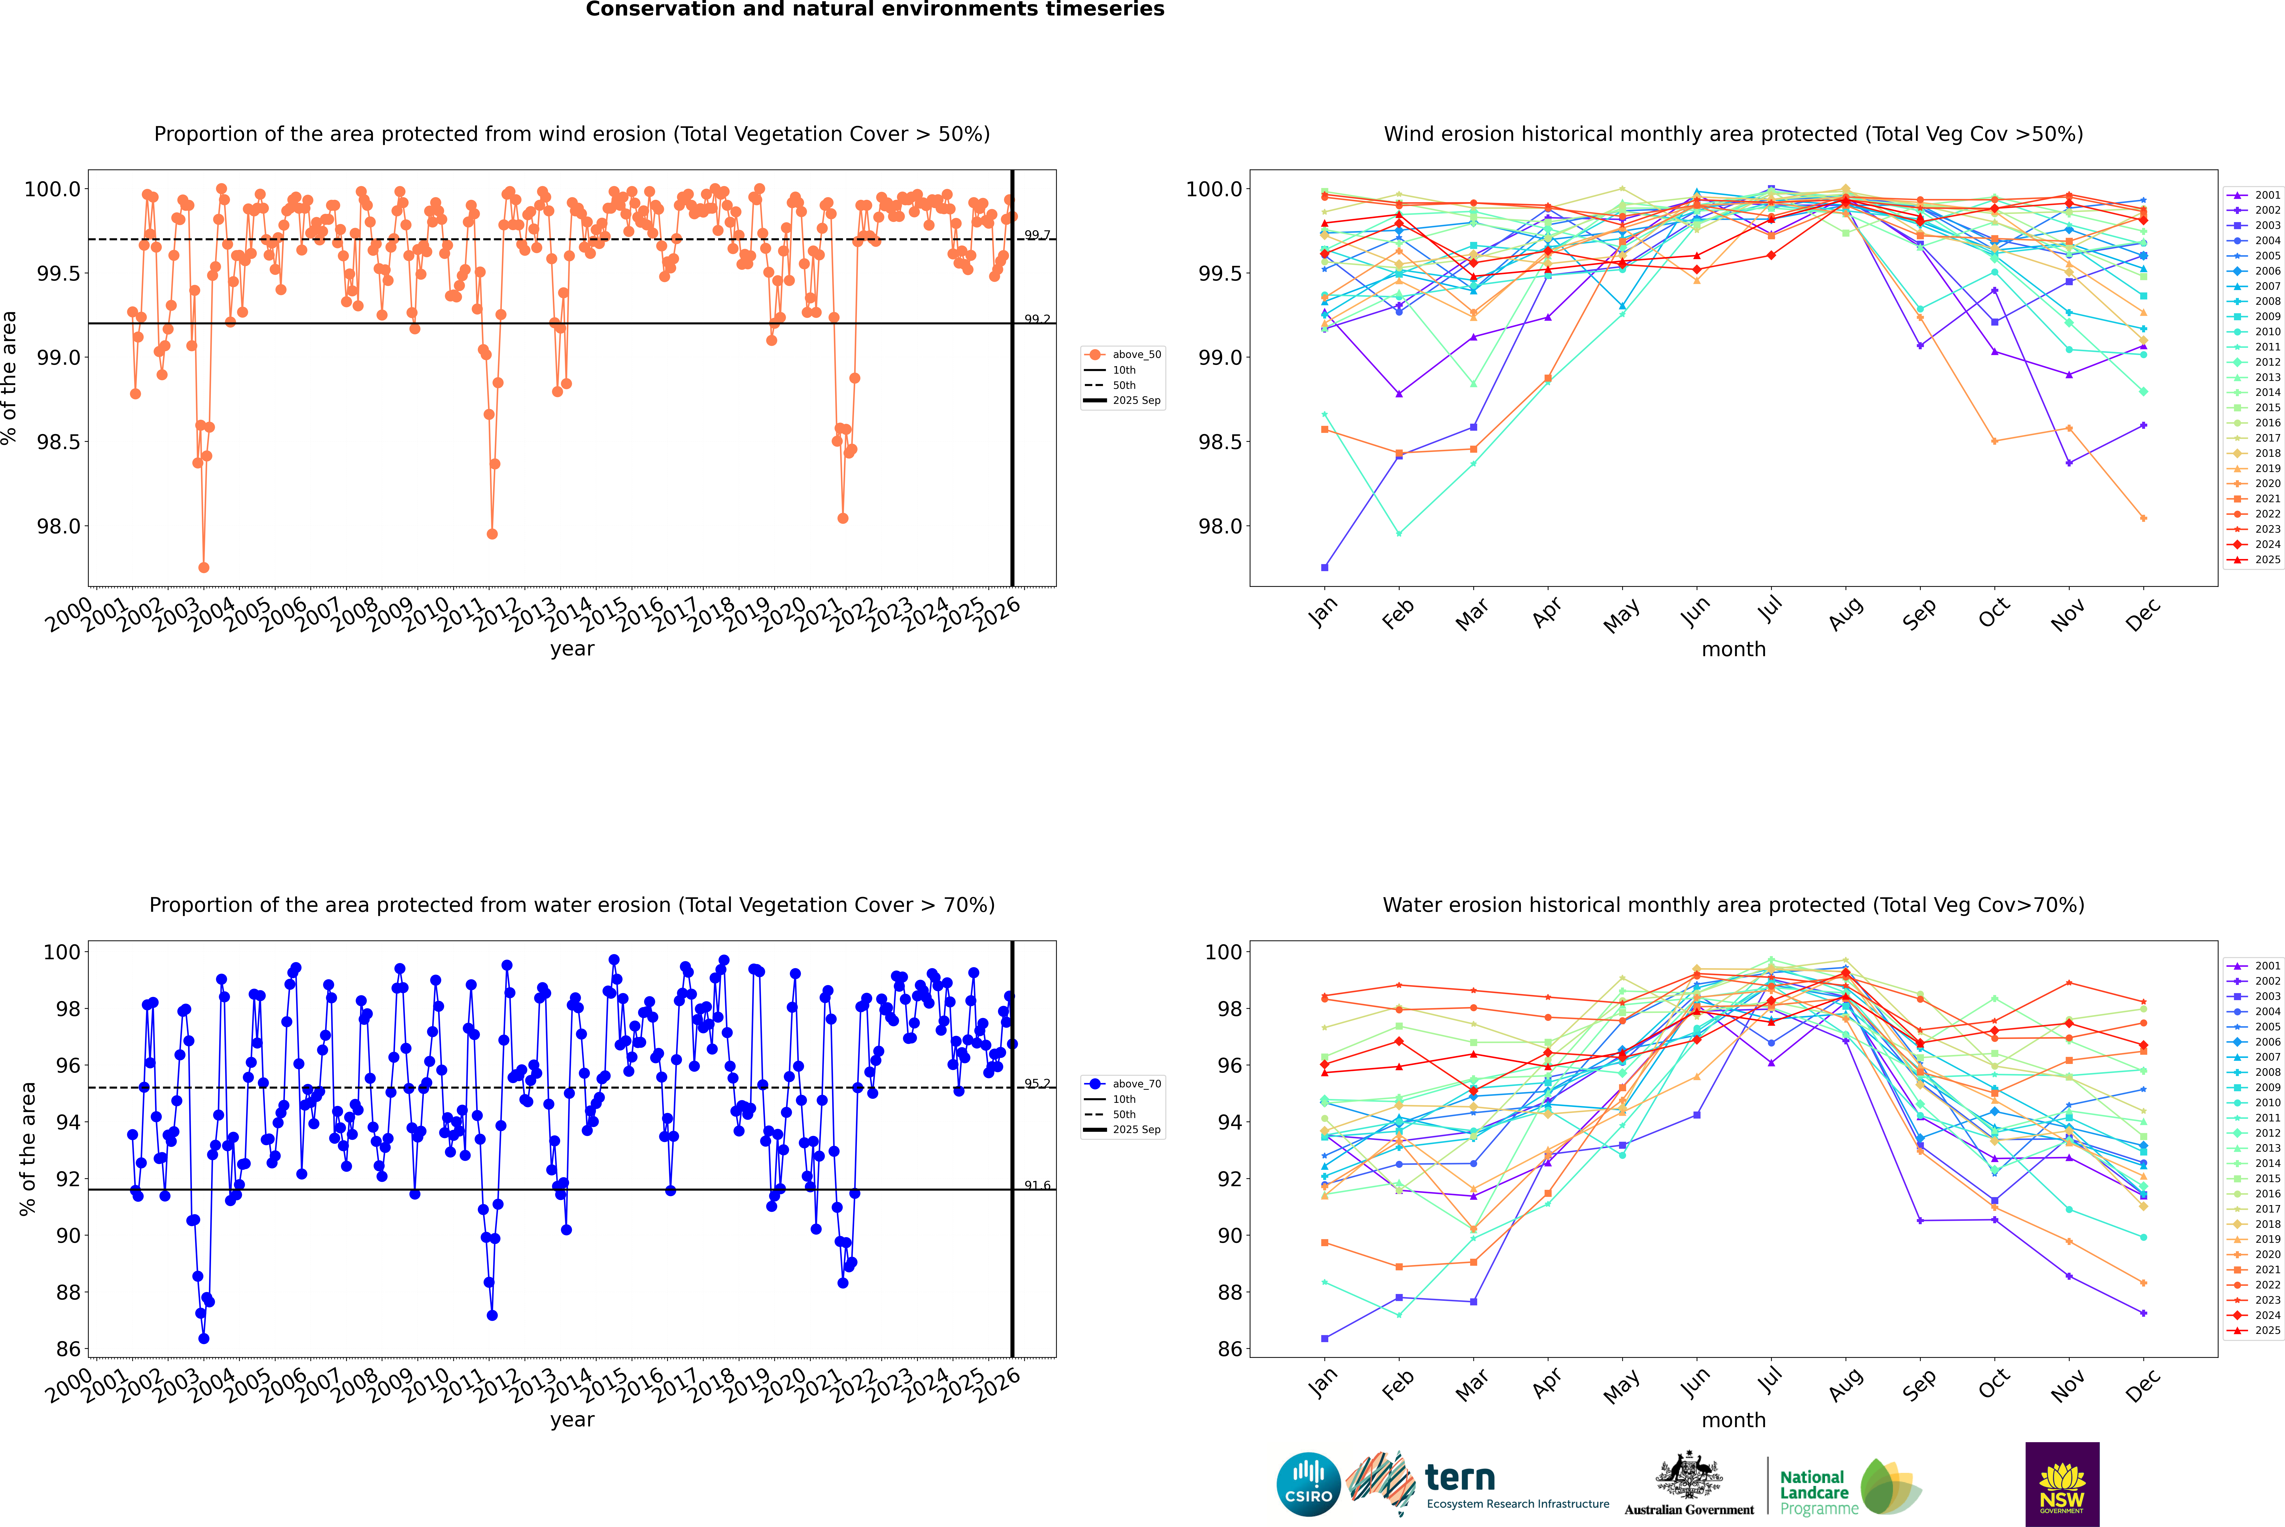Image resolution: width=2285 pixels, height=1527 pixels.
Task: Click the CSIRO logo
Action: coord(1308,1484)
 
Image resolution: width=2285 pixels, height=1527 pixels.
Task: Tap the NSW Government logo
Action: coord(2062,1484)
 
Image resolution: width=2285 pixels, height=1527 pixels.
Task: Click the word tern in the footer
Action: coord(1459,1477)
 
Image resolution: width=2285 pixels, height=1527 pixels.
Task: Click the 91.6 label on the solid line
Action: coord(1036,1185)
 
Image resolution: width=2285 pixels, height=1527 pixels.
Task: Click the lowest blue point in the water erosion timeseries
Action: coord(204,1338)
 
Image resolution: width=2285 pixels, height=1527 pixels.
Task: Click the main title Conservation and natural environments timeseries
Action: coord(875,10)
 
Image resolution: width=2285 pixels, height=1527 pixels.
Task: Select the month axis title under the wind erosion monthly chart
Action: coord(1733,650)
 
